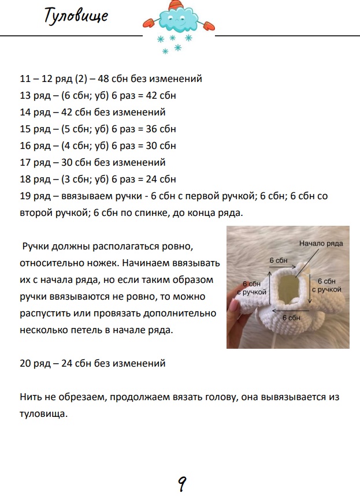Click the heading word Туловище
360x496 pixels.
(76, 16)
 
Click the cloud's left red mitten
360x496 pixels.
(148, 23)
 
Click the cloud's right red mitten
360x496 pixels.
(208, 25)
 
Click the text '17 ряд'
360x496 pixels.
(35, 162)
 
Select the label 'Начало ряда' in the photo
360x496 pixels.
(321, 243)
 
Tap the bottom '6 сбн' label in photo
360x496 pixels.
(291, 318)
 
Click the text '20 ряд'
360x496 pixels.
(35, 363)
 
